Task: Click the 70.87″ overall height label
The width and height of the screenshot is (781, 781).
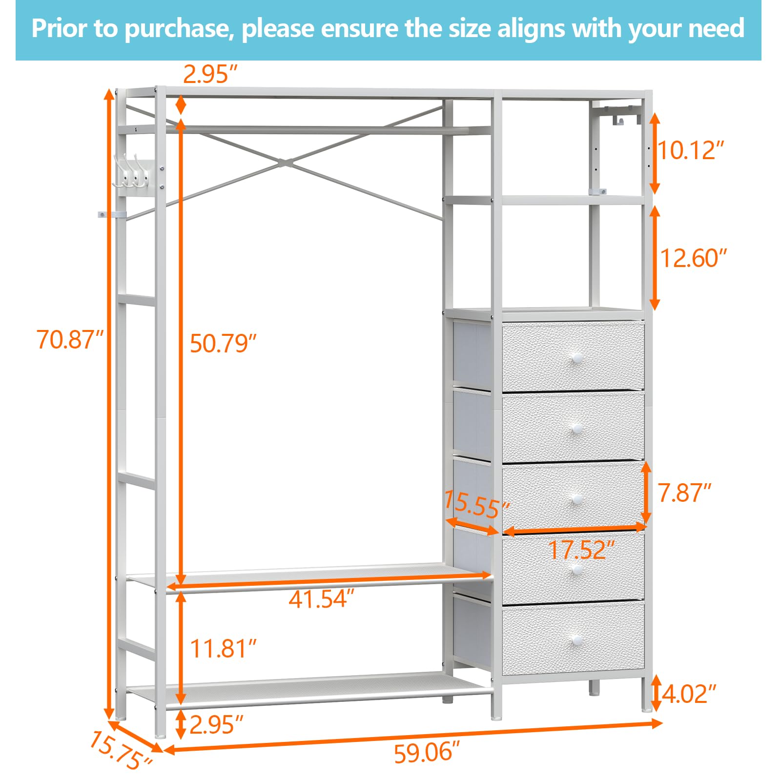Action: [70, 339]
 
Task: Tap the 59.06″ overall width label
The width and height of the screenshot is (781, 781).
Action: [427, 752]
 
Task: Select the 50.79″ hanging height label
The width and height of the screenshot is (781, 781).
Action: [223, 343]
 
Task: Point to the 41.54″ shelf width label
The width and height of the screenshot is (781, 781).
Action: [321, 599]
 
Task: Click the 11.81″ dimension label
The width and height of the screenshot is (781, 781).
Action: [223, 649]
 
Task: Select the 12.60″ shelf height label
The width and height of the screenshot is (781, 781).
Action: [693, 258]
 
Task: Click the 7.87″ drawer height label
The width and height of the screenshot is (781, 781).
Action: [684, 493]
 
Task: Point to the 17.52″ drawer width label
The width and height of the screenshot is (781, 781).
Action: [581, 550]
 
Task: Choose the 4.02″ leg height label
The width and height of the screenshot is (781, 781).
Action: [689, 694]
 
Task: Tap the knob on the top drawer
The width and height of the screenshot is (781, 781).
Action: [576, 358]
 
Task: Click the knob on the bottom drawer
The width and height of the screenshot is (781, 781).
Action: [576, 640]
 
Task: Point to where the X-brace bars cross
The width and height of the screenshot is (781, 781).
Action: [287, 162]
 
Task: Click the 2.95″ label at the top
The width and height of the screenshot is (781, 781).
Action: [210, 74]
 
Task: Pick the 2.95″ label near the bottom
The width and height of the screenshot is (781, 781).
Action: [216, 724]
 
